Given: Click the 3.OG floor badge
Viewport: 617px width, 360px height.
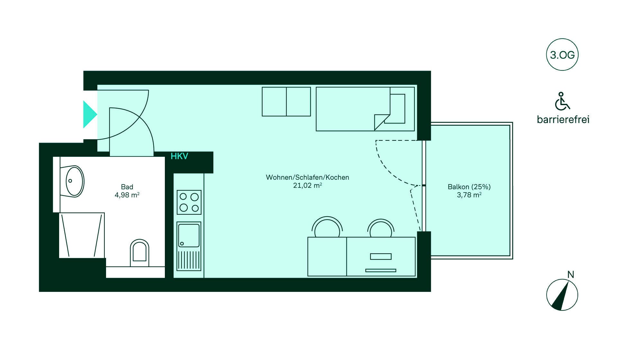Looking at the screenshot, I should pyautogui.click(x=562, y=55).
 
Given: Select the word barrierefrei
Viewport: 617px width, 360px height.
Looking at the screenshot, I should pyautogui.click(x=563, y=120).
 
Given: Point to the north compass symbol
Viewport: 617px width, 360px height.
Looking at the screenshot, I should pyautogui.click(x=562, y=294).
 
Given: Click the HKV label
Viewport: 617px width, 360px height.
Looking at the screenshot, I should pyautogui.click(x=179, y=157).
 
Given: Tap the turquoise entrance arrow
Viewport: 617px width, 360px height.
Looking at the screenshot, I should pyautogui.click(x=90, y=114).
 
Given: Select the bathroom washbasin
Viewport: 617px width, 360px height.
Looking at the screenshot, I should pyautogui.click(x=75, y=181).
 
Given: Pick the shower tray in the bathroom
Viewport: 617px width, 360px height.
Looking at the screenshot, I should pyautogui.click(x=82, y=235).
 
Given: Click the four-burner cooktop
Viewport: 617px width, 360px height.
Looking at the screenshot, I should pyautogui.click(x=189, y=202).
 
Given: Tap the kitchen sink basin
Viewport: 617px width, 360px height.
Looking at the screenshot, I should pyautogui.click(x=189, y=236).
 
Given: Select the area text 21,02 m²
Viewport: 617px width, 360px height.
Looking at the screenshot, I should pyautogui.click(x=307, y=185).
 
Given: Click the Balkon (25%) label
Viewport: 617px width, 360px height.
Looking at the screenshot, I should pyautogui.click(x=469, y=187).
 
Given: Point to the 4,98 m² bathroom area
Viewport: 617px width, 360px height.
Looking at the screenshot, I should pyautogui.click(x=127, y=195).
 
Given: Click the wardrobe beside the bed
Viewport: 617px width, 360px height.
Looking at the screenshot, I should pyautogui.click(x=286, y=102).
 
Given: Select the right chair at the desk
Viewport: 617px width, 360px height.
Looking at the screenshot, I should pyautogui.click(x=381, y=229).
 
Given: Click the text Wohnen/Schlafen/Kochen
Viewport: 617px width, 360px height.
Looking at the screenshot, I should pyautogui.click(x=307, y=177).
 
